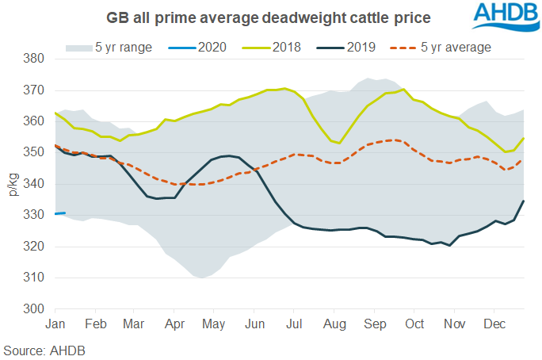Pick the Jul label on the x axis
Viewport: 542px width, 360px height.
(x=294, y=324)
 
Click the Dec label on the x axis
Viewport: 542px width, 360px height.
(x=494, y=324)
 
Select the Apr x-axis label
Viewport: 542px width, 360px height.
(x=175, y=324)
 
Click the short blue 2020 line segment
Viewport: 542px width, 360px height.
(x=59, y=213)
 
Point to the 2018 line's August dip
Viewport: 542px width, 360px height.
(x=340, y=143)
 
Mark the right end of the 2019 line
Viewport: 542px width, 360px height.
(x=524, y=201)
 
